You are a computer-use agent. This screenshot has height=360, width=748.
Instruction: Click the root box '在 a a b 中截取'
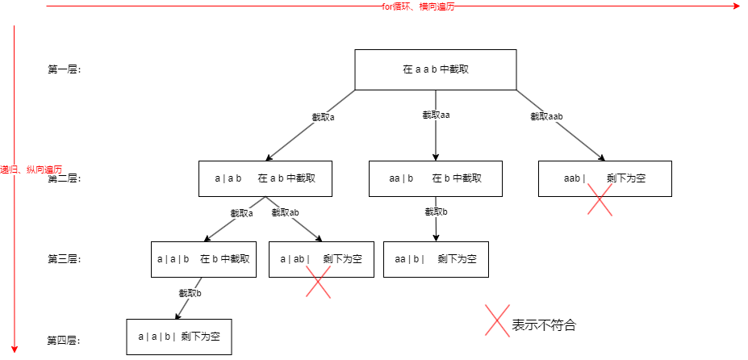[x=436, y=69]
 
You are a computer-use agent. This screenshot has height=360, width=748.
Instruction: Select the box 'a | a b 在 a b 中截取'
[x=265, y=178]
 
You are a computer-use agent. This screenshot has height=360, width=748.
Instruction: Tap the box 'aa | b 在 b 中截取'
[x=436, y=178]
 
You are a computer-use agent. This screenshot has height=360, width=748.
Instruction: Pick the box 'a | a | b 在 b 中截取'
[x=203, y=259]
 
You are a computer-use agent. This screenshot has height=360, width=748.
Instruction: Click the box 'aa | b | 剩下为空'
[x=436, y=259]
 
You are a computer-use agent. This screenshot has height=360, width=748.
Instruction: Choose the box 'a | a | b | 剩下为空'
[x=179, y=337]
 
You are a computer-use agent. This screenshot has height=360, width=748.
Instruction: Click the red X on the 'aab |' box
[x=600, y=199]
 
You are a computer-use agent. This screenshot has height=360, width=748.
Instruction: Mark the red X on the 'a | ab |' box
[x=319, y=282]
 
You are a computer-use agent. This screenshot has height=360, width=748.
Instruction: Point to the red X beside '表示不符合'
[x=496, y=320]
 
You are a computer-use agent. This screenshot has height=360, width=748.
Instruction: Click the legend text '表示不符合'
[x=544, y=325]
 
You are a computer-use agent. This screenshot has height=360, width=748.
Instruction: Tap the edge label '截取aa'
[x=436, y=115]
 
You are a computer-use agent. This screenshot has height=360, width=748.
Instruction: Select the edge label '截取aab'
[x=546, y=116]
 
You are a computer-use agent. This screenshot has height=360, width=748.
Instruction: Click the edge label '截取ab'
[x=286, y=213]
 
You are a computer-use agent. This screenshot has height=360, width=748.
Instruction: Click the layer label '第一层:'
[x=65, y=69]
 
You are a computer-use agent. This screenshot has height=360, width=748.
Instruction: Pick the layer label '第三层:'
[x=65, y=259]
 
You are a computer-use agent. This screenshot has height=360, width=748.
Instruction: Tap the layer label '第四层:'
[x=65, y=340]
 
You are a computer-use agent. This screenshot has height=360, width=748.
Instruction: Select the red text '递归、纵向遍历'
[x=31, y=170]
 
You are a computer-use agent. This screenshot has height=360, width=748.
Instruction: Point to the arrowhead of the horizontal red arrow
[x=736, y=6]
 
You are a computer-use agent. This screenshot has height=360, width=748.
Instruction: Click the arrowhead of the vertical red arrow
[x=14, y=350]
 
